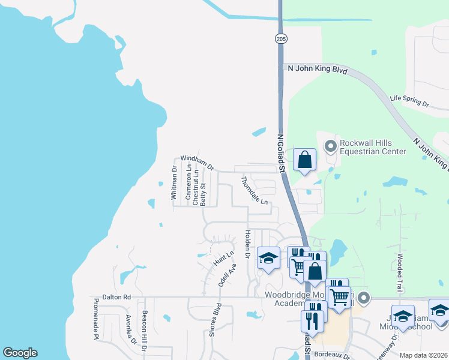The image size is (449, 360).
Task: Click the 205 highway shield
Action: (x=281, y=38)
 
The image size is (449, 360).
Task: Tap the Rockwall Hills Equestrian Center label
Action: (x=373, y=147)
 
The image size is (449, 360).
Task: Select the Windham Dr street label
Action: (x=197, y=162)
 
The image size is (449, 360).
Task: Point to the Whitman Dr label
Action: (x=174, y=182)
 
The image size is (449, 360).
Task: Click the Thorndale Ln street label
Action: (x=255, y=190)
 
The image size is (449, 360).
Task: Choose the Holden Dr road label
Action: (x=247, y=244)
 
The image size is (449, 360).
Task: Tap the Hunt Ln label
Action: (x=223, y=259)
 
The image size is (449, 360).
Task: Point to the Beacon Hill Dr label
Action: (x=144, y=329)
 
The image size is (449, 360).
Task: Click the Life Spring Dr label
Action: (x=409, y=100)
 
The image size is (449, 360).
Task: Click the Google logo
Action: (x=20, y=353)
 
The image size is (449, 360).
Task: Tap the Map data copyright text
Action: (x=423, y=355)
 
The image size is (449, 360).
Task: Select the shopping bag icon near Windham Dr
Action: (x=304, y=160)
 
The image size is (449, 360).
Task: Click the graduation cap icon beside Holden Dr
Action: (x=268, y=258)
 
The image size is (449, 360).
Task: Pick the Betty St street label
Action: (x=203, y=194)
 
